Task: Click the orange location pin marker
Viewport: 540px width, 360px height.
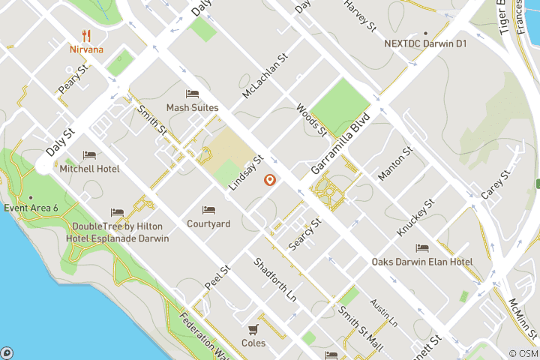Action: tap(269, 180)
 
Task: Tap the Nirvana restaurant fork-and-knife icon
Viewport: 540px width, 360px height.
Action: tap(87, 35)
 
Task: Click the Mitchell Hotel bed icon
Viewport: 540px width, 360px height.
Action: tap(89, 155)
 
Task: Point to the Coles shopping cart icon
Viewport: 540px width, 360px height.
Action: tap(253, 329)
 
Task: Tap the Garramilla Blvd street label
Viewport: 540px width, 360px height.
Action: tap(341, 141)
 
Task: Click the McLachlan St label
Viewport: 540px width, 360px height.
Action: tap(265, 76)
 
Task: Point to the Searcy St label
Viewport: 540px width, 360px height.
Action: tap(304, 235)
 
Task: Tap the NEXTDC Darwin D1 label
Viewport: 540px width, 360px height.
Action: tap(425, 44)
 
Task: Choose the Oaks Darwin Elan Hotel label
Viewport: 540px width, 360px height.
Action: tap(422, 262)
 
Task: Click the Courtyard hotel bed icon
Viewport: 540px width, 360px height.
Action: tap(208, 210)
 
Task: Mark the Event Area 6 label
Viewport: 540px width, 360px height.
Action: tap(31, 208)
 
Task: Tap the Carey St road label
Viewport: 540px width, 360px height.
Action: tap(496, 184)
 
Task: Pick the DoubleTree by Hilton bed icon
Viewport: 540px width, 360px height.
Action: tap(117, 213)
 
